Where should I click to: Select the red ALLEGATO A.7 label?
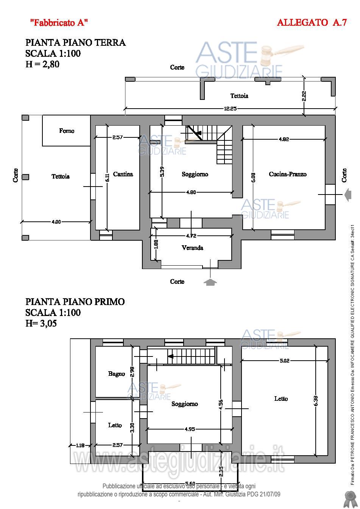click(312, 23)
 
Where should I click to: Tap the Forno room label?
click(67, 131)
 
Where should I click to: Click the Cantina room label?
click(123, 174)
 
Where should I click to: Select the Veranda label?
click(192, 248)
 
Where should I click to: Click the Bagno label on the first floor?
click(116, 374)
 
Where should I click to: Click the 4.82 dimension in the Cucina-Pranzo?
click(284, 139)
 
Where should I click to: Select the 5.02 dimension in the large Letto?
click(295, 361)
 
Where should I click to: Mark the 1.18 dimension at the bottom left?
click(80, 445)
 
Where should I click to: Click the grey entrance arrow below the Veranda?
click(210, 282)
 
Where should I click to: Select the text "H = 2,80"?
click(42, 64)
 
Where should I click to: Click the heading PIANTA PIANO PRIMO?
click(75, 302)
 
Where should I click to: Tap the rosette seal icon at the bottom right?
click(348, 499)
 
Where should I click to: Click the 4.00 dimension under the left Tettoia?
click(56, 222)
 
